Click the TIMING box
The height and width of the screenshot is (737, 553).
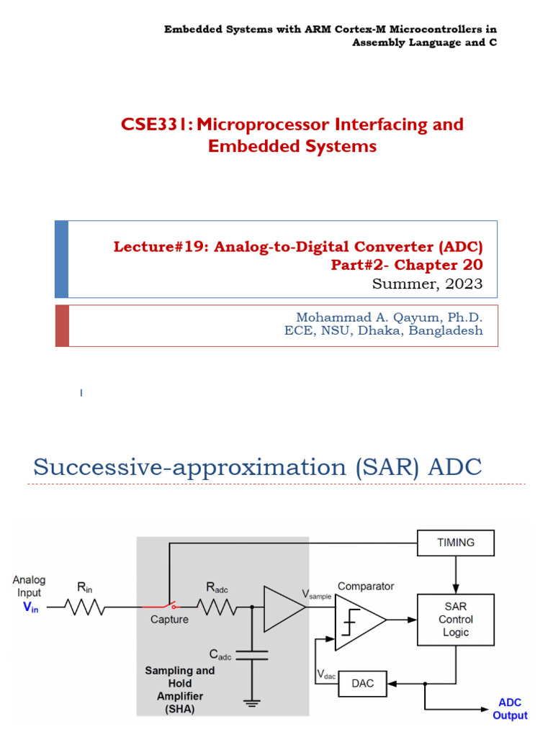tap(456, 543)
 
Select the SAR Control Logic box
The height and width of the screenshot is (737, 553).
tap(456, 619)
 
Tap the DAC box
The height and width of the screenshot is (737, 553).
tap(363, 683)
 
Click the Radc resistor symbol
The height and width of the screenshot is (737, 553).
tap(217, 608)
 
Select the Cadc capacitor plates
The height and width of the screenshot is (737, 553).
tap(251, 654)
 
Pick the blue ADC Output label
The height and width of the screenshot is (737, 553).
tap(510, 709)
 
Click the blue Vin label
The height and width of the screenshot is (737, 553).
tap(31, 607)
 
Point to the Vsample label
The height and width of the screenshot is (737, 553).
tap(317, 595)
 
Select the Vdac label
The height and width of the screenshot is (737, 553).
tap(326, 676)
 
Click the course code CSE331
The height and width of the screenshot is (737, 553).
tap(156, 125)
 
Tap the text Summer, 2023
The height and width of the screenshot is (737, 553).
tap(427, 284)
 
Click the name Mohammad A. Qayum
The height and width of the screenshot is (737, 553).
tap(361, 317)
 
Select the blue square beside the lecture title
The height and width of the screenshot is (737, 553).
tap(62, 259)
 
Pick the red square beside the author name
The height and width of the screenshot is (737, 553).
tap(62, 325)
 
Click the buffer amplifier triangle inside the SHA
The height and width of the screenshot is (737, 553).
tap(282, 608)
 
